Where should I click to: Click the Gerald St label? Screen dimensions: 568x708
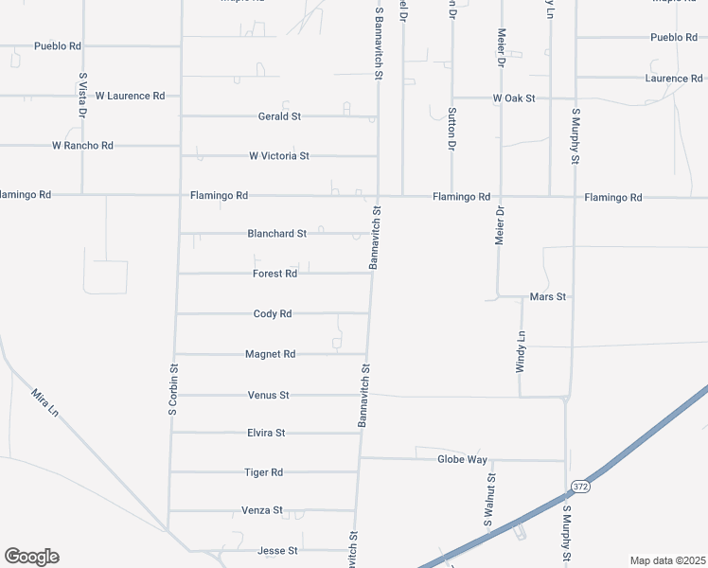[x=279, y=116]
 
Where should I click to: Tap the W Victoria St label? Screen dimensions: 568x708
[x=279, y=155]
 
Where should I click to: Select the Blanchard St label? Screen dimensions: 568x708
[x=277, y=233]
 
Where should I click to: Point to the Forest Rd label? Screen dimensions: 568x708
[x=275, y=274]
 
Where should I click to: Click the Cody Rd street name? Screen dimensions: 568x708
[x=273, y=313]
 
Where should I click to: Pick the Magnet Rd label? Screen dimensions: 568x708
[x=271, y=354]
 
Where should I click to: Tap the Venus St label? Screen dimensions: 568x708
[x=268, y=395]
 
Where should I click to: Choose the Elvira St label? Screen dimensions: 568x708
[x=266, y=433]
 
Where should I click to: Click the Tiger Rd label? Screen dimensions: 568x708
[x=264, y=472]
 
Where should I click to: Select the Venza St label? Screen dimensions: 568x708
[x=262, y=510]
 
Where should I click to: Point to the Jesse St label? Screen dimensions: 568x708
[x=278, y=550]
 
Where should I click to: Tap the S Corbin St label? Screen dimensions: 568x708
[x=173, y=390]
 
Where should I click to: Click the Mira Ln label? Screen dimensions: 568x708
[x=44, y=405]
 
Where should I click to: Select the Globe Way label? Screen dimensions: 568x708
[x=462, y=459]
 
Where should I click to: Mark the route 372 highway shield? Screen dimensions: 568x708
[x=580, y=487]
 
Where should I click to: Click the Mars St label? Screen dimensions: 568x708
[x=548, y=296]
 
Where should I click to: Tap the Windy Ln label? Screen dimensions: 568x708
[x=521, y=351]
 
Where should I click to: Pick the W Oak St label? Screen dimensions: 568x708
[x=514, y=98]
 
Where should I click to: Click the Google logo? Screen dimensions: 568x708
[x=31, y=557]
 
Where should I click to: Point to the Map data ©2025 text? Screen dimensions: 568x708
[x=666, y=560]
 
